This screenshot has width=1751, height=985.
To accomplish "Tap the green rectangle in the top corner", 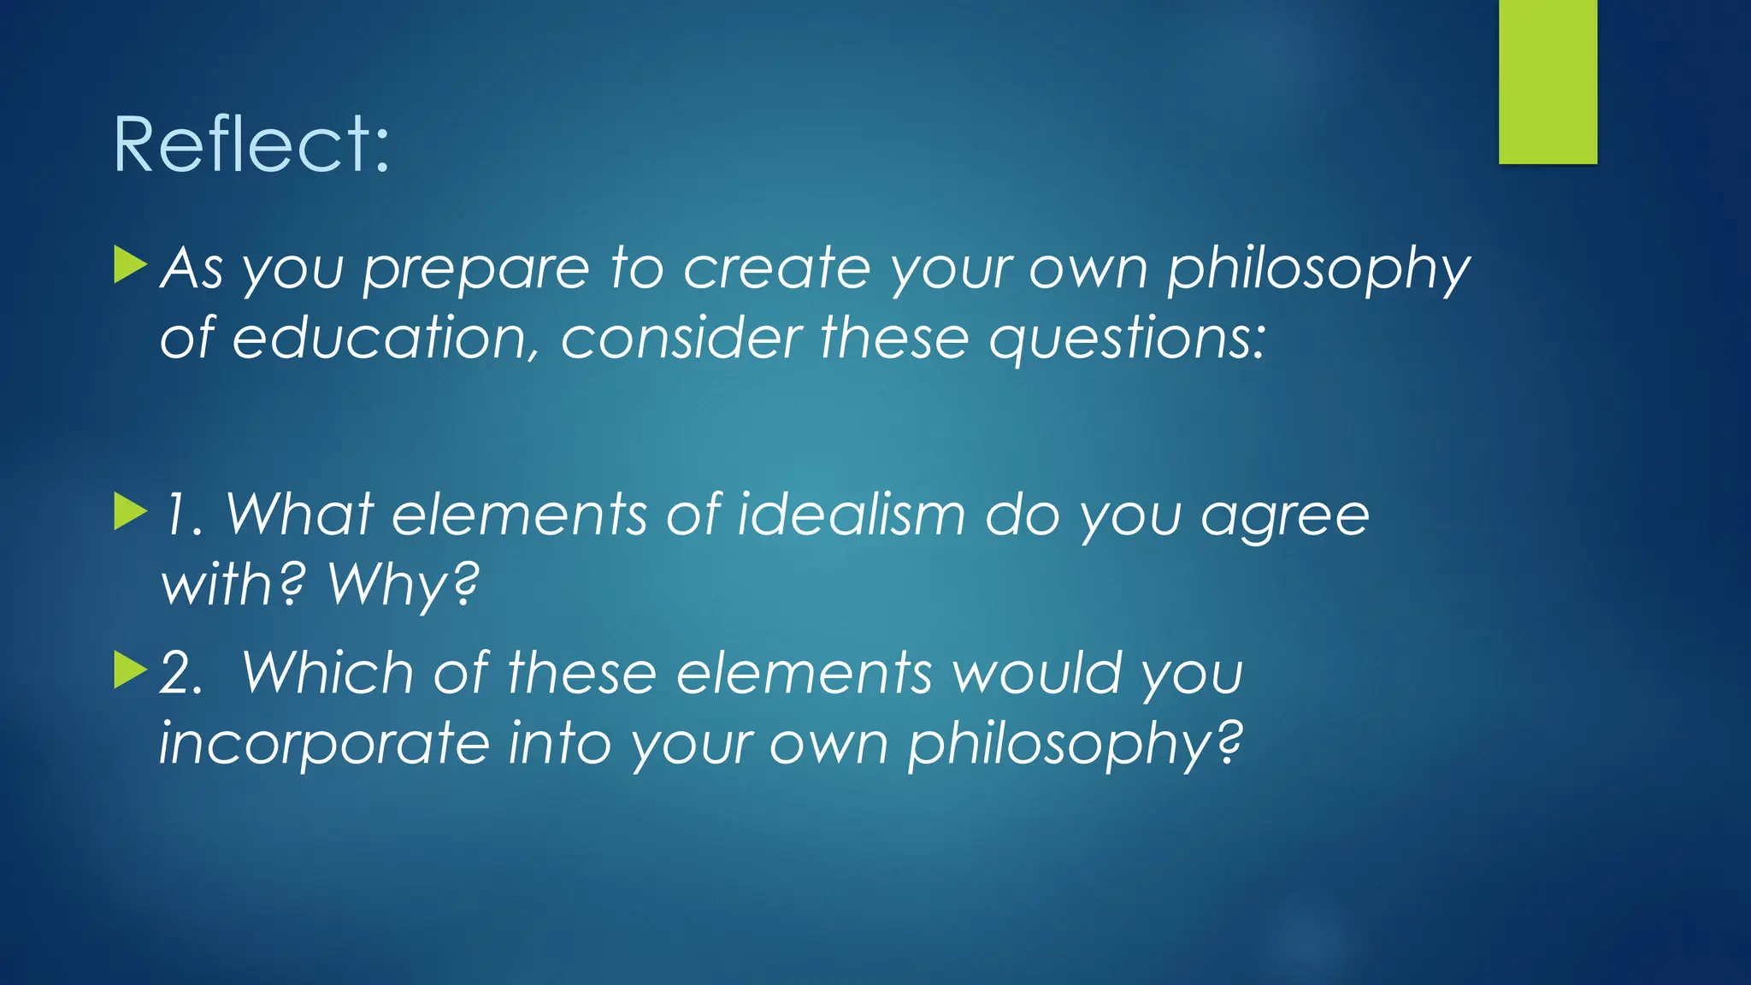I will click(x=1548, y=81).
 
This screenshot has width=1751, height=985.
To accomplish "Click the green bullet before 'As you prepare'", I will click(x=130, y=265).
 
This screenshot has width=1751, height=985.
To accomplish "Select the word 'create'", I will click(x=776, y=268).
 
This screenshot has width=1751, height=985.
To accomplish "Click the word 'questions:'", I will click(x=1127, y=340).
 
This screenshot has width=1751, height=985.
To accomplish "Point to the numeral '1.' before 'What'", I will click(x=183, y=516).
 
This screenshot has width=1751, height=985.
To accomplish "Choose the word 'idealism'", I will click(x=852, y=515).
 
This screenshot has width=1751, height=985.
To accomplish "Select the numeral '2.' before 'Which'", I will click(x=181, y=674).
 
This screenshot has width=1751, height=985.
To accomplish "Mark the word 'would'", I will click(x=1036, y=673).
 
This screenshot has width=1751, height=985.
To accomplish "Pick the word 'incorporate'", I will click(x=324, y=744).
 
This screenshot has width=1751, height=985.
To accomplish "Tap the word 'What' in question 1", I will click(x=299, y=515).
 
